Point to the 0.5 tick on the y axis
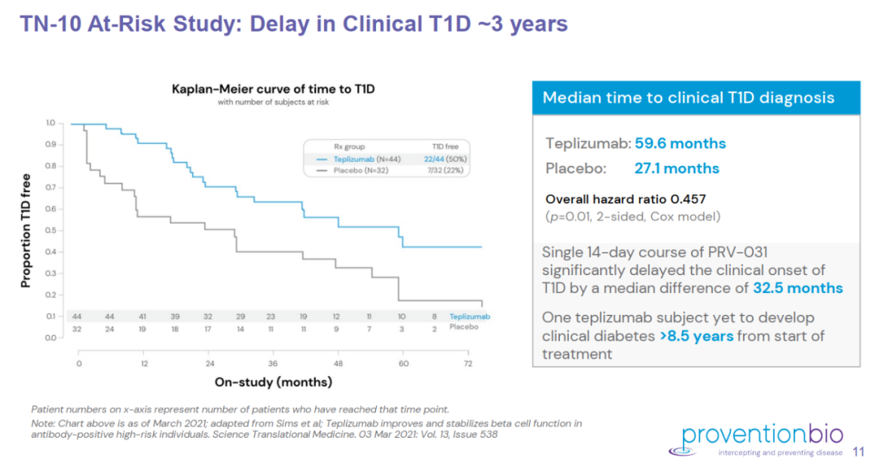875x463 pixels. [50, 231]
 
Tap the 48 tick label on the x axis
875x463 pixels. [338, 364]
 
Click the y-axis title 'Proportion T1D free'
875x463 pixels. [26, 230]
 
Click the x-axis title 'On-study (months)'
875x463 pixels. [273, 381]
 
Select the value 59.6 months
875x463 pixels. [681, 144]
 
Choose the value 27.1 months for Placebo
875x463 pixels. [677, 168]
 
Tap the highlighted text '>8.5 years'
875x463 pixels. [697, 336]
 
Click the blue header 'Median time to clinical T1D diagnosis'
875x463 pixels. [689, 98]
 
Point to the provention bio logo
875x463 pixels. [755, 437]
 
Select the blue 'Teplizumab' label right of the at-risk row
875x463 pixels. [470, 316]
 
